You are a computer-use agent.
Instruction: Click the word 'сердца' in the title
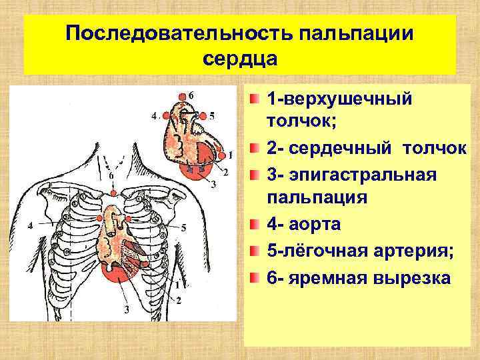tap(239, 58)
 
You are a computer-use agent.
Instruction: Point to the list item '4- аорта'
tap(303, 225)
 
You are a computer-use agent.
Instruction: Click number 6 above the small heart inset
tap(192, 94)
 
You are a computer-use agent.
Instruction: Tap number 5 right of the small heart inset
tap(212, 115)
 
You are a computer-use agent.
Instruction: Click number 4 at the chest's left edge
tap(29, 226)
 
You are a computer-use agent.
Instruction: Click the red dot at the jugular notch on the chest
tap(114, 193)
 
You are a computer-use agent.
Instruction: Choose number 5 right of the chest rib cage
tap(184, 227)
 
